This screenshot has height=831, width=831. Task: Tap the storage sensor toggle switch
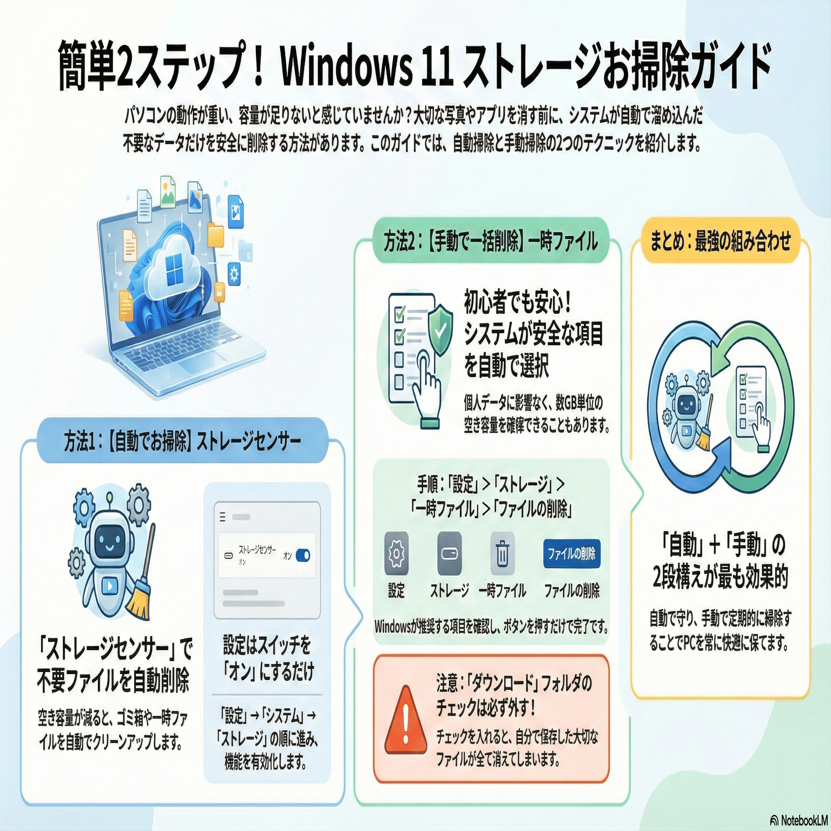(x=303, y=556)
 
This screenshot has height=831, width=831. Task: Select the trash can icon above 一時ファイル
(x=503, y=553)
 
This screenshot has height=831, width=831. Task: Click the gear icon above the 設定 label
(x=397, y=553)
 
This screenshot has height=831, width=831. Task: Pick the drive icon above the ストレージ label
(x=450, y=553)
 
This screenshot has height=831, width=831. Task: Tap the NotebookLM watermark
(x=800, y=821)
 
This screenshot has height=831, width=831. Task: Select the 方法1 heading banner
(x=182, y=441)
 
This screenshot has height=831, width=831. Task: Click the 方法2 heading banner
(x=491, y=241)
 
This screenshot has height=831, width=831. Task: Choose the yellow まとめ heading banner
(x=720, y=240)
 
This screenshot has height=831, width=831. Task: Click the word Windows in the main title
(x=346, y=68)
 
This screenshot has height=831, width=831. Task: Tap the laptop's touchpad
(x=202, y=361)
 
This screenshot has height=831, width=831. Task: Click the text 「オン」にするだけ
(x=268, y=671)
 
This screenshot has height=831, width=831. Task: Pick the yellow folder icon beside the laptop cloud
(x=215, y=236)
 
